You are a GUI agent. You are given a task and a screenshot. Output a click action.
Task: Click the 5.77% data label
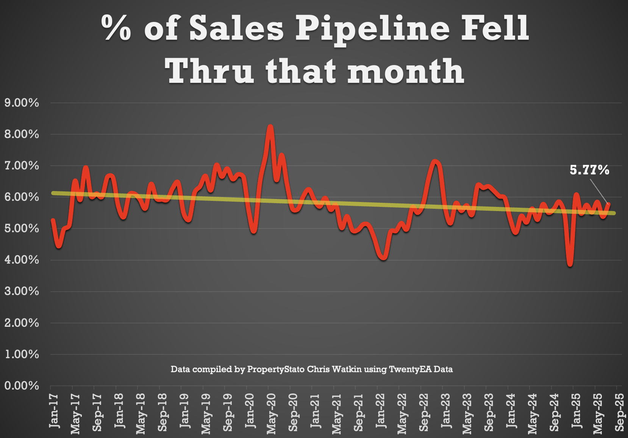pos(589,170)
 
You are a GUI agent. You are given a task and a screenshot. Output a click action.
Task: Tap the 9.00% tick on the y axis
pos(22,103)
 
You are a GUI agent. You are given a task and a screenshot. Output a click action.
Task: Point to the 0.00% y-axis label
pos(22,386)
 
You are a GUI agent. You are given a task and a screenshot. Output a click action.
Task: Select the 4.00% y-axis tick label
pos(22,260)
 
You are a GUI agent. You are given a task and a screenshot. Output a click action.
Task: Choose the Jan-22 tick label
pos(380,410)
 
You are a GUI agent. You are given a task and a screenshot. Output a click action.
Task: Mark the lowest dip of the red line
pos(570,264)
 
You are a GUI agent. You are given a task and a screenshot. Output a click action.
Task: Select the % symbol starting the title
pos(116,28)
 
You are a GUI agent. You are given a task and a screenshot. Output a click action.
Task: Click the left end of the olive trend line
pos(53,193)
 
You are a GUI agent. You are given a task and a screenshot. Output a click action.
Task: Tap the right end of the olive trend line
pos(614,213)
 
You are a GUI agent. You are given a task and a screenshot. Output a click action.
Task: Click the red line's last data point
pos(609,204)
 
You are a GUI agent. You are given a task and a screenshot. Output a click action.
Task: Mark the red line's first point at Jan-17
pos(53,220)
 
